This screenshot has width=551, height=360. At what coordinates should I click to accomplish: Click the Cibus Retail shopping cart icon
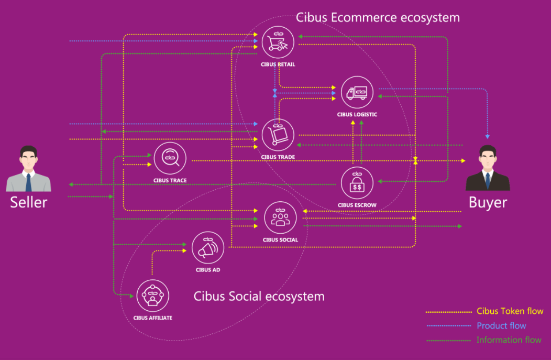pyautogui.click(x=278, y=42)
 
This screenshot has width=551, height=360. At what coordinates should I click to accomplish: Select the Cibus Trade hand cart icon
pyautogui.click(x=278, y=135)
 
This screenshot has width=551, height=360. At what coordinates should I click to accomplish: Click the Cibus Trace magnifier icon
pyautogui.click(x=170, y=158)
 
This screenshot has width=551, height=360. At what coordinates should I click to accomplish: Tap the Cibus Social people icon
pyautogui.click(x=281, y=217)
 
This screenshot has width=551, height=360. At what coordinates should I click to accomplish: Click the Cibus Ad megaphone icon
pyautogui.click(x=208, y=248)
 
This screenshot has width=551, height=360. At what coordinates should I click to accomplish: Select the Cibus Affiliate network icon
pyautogui.click(x=152, y=296)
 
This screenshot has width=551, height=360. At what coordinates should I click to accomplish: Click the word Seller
pyautogui.click(x=29, y=202)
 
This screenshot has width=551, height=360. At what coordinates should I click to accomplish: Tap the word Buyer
pyautogui.click(x=488, y=202)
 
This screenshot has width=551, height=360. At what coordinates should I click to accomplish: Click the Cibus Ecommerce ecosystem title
pyautogui.click(x=378, y=17)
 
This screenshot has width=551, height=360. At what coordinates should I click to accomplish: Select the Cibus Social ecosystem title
pyautogui.click(x=259, y=296)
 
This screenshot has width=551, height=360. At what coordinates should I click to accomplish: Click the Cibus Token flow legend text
pyautogui.click(x=510, y=311)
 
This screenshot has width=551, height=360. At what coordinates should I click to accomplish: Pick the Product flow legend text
pyautogui.click(x=501, y=325)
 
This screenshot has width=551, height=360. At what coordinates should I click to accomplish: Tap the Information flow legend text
pyautogui.click(x=509, y=340)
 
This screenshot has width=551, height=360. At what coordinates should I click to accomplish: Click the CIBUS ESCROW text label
pyautogui.click(x=357, y=205)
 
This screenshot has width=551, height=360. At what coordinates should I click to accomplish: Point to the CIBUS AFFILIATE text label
pyautogui.click(x=152, y=318)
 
